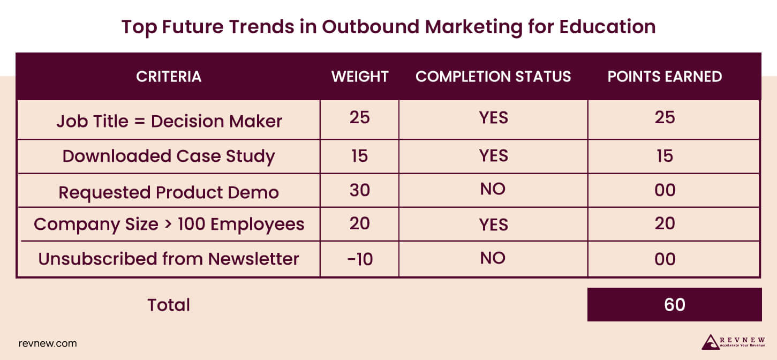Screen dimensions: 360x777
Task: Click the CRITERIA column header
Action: (x=169, y=77)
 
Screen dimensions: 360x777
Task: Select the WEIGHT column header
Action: (x=360, y=77)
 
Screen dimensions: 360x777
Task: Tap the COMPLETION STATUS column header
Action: (x=493, y=77)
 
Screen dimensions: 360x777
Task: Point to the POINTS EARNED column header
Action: (x=665, y=77)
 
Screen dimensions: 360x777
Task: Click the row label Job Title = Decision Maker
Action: (x=169, y=121)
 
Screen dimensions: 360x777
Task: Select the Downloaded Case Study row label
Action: (x=169, y=156)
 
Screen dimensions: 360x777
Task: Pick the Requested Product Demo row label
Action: (x=169, y=192)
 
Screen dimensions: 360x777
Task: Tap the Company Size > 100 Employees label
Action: (x=169, y=224)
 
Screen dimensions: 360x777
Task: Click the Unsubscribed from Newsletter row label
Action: (x=169, y=259)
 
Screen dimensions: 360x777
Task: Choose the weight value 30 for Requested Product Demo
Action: (x=359, y=190)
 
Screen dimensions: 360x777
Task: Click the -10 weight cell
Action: (x=359, y=259)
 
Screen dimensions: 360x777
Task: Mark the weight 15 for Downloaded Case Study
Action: (x=359, y=156)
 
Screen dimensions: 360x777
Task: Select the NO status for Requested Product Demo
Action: (x=493, y=189)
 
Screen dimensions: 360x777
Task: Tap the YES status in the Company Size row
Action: (x=493, y=224)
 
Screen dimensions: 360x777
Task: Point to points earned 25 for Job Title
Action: (x=665, y=117)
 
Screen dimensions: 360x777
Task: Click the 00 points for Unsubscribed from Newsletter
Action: (x=665, y=259)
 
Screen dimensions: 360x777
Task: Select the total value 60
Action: (x=674, y=304)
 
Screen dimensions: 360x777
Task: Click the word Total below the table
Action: (x=169, y=305)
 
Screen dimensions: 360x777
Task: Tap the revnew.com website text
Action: (x=48, y=343)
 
